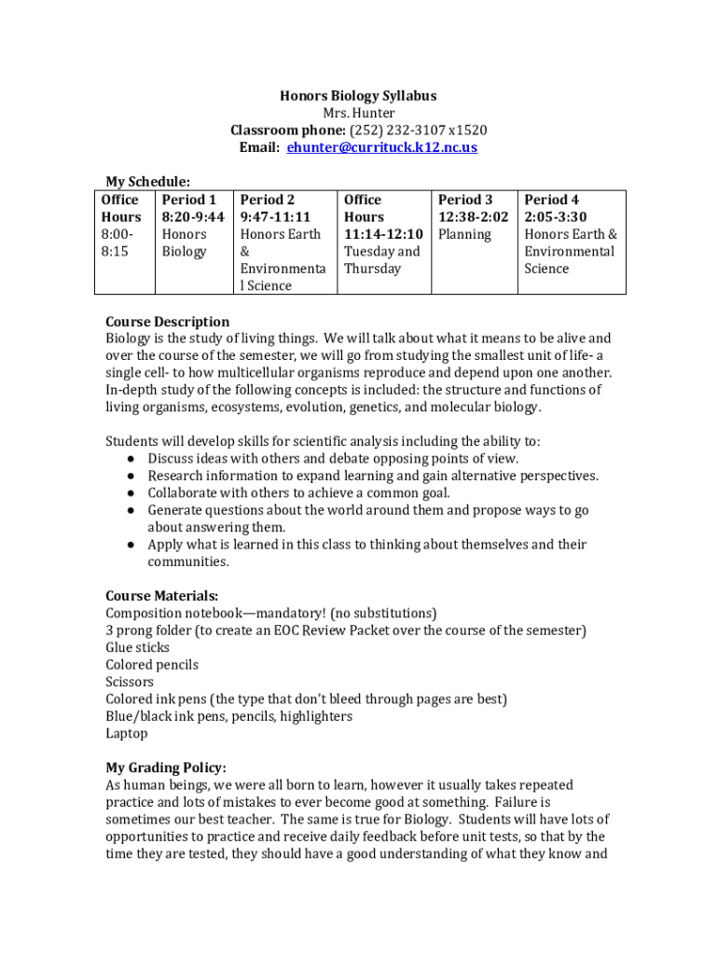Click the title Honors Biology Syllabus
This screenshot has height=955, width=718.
[358, 96]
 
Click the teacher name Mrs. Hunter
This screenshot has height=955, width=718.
[358, 113]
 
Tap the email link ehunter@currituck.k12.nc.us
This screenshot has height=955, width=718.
[382, 147]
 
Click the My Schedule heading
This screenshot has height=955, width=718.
[147, 182]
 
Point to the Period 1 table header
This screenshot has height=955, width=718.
[189, 200]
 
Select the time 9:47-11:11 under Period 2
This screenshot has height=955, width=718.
[275, 216]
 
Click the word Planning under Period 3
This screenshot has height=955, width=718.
[464, 234]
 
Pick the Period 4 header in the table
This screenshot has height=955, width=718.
[551, 200]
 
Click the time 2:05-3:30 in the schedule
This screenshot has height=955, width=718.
[556, 216]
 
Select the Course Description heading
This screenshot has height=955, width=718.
[167, 322]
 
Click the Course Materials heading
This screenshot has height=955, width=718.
[162, 596]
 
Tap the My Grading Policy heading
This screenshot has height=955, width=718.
[165, 768]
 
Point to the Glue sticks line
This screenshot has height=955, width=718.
[137, 647]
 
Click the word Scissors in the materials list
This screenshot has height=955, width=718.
[130, 682]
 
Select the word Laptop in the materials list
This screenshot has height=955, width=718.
[126, 733]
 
